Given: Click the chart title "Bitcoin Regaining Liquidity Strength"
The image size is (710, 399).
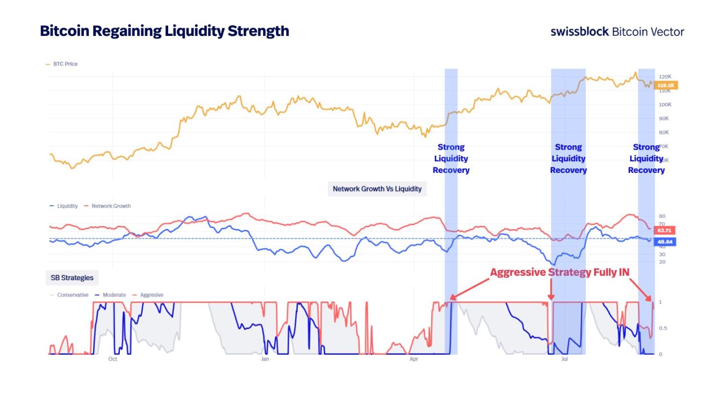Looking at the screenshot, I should point(164,31).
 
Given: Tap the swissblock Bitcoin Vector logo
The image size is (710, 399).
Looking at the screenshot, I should point(617,32).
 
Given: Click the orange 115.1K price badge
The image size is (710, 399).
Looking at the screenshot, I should point(667,85).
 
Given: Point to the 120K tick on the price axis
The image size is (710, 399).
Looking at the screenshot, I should point(665,77).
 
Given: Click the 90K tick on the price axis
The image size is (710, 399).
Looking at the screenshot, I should point(665,118).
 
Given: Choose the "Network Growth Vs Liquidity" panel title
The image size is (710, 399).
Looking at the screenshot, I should point(377,189).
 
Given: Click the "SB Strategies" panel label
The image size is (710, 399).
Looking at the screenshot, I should point(72,278).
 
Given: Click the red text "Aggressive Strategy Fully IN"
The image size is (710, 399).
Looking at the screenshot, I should point(559,272).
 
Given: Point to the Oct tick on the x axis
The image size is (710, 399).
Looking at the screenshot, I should point(112,359).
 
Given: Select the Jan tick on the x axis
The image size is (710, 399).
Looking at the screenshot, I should point(265,359).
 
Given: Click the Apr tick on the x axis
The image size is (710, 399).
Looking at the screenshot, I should point(414,359).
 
